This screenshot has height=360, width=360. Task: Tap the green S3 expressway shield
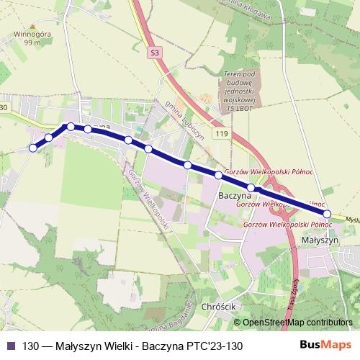pyautogui.click(x=155, y=53)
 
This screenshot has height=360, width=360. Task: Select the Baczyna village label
pyautogui.click(x=233, y=195)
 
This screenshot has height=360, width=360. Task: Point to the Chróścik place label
pyautogui.click(x=220, y=307)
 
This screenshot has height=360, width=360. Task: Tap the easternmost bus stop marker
pyautogui.click(x=328, y=214)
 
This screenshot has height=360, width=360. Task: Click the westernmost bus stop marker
pyautogui.click(x=32, y=148)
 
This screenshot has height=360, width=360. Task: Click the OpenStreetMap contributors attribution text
pyautogui.click(x=297, y=323)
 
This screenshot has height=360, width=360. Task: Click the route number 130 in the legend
pyautogui.click(x=31, y=346)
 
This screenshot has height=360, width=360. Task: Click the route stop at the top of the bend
pyautogui.click(x=71, y=127)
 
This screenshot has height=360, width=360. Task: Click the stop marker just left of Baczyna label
pyautogui.click(x=218, y=175)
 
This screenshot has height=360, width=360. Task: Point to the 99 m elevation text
pyautogui.click(x=32, y=43)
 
